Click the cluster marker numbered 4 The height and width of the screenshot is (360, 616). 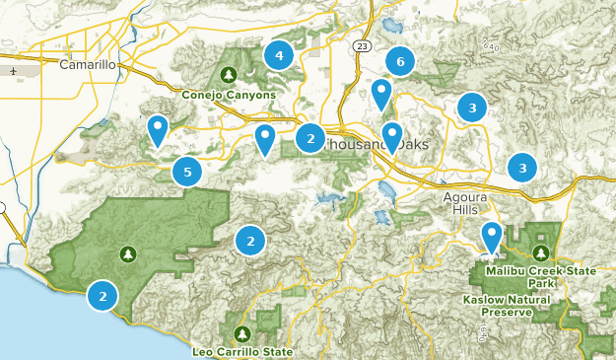coord(279,56)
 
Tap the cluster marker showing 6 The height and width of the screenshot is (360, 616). coord(399,62)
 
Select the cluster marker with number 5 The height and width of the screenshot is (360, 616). coord(187,172)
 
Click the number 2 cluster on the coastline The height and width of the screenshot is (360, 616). coord(103,295)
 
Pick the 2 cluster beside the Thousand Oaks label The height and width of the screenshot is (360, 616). coord(310,139)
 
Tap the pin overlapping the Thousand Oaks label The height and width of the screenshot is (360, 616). coord(392,135)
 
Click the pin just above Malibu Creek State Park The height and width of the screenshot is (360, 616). coord(491,237)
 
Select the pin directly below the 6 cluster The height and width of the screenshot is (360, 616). coord(381,94)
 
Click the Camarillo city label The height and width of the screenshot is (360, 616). coord(88,65)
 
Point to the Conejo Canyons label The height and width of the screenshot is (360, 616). coord(229,96)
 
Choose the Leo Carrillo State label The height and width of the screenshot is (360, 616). coord(243,351)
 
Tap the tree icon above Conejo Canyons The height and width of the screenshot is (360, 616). coord(229,74)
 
